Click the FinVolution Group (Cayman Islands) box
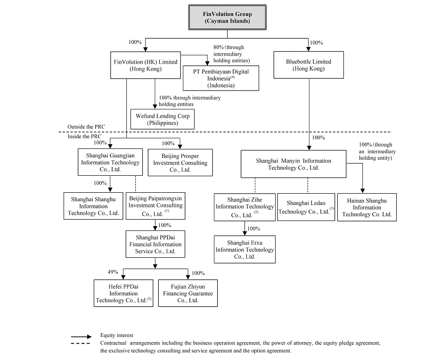click(x=227, y=17)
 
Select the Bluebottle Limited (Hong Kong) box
click(x=309, y=65)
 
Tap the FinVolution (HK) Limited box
click(x=146, y=65)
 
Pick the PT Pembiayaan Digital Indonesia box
click(x=220, y=78)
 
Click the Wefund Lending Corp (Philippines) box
click(x=163, y=119)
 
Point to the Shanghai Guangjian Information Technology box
click(x=110, y=162)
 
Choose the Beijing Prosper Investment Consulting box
click(x=180, y=163)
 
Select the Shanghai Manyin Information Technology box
click(x=294, y=164)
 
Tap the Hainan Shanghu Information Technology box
click(x=367, y=207)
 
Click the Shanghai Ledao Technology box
click(x=306, y=207)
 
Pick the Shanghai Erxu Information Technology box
click(x=245, y=249)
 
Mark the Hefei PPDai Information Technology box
click(x=123, y=293)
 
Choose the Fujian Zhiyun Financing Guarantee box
click(x=188, y=293)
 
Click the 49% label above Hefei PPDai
click(x=113, y=272)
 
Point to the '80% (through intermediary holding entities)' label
click(x=231, y=54)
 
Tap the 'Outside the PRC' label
click(x=86, y=127)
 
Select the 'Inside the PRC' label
click(x=84, y=136)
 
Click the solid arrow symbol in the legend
click(x=82, y=337)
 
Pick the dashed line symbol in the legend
click(x=81, y=344)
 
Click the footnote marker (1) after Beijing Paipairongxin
click(x=167, y=211)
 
